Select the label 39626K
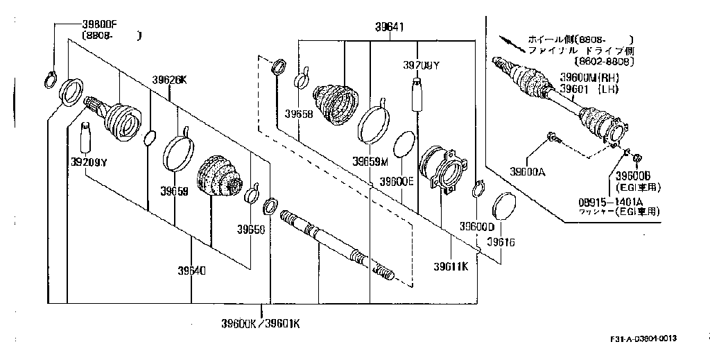click(170, 80)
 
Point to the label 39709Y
click(422, 65)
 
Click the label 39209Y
click(89, 162)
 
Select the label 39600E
click(395, 182)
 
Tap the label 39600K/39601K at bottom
click(261, 324)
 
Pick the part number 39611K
click(451, 266)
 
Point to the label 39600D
click(477, 227)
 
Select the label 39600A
click(528, 171)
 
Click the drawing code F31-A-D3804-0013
click(643, 338)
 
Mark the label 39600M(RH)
click(589, 77)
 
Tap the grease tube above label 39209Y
click(86, 137)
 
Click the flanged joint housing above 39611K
click(444, 168)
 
